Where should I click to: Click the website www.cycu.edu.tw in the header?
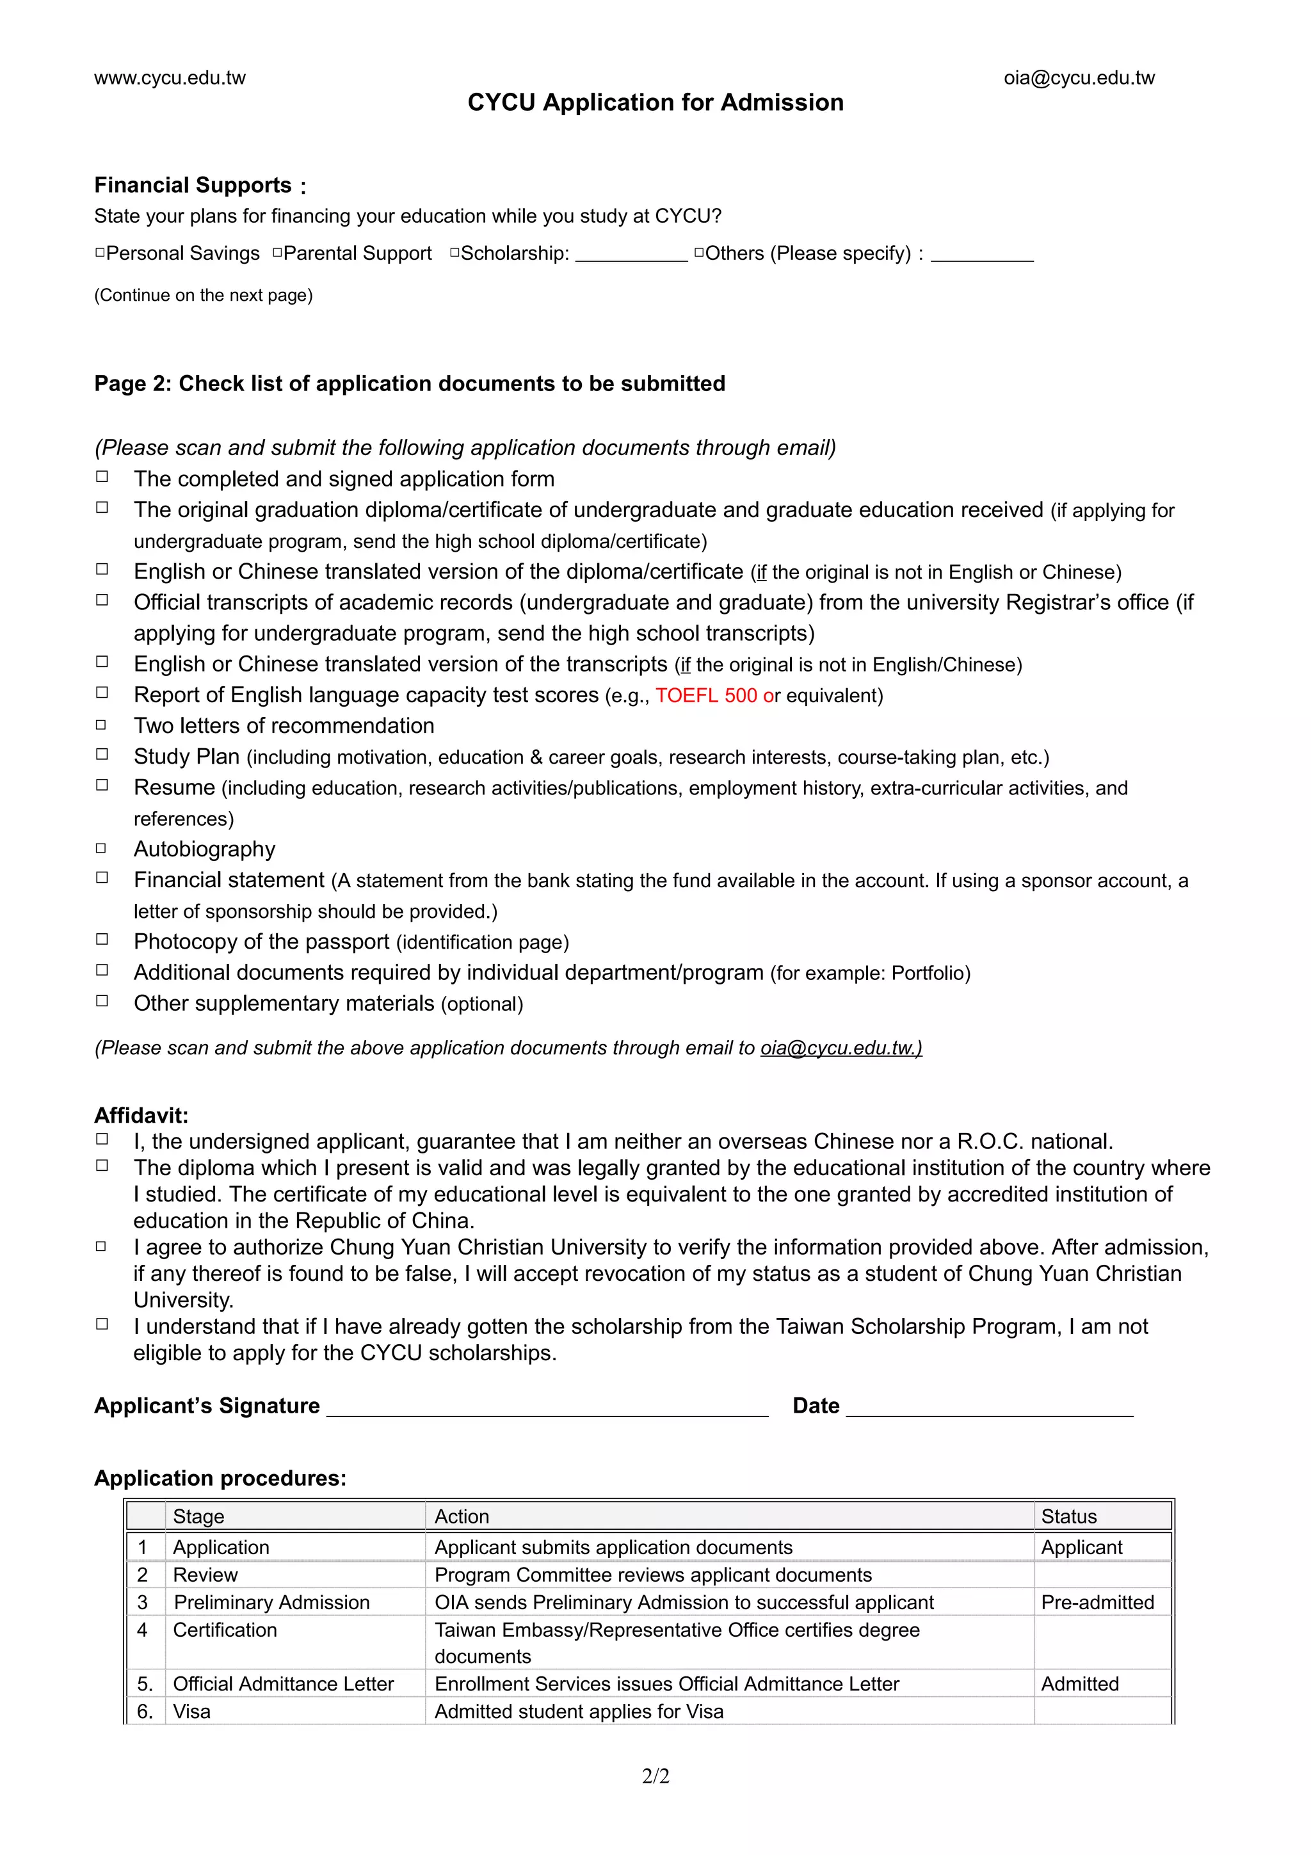(170, 78)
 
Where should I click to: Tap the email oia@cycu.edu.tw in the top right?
(1079, 78)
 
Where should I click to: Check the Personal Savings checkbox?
(100, 253)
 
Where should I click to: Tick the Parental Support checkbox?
(277, 253)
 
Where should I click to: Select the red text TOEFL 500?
(705, 696)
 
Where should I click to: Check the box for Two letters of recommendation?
(102, 725)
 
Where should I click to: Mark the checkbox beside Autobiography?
(102, 848)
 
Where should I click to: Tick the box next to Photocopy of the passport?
(102, 940)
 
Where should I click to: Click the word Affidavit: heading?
(141, 1116)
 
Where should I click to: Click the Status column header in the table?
(1068, 1516)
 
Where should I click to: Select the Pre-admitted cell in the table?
(1097, 1602)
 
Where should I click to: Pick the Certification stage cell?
(225, 1630)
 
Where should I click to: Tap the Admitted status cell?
(1079, 1683)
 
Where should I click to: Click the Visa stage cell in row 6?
(191, 1711)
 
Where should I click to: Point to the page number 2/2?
(655, 1776)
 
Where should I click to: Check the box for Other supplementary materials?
(102, 1001)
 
